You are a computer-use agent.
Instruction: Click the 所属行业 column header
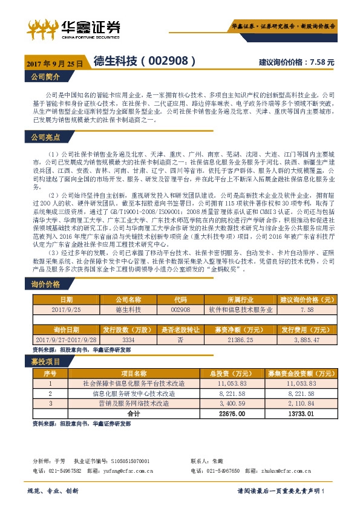click(237, 299)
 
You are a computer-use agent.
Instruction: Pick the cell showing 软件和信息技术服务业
click(237, 309)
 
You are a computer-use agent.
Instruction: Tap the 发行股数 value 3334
click(128, 341)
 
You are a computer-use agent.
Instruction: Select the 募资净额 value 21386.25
click(237, 341)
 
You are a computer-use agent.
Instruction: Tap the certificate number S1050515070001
click(128, 461)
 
